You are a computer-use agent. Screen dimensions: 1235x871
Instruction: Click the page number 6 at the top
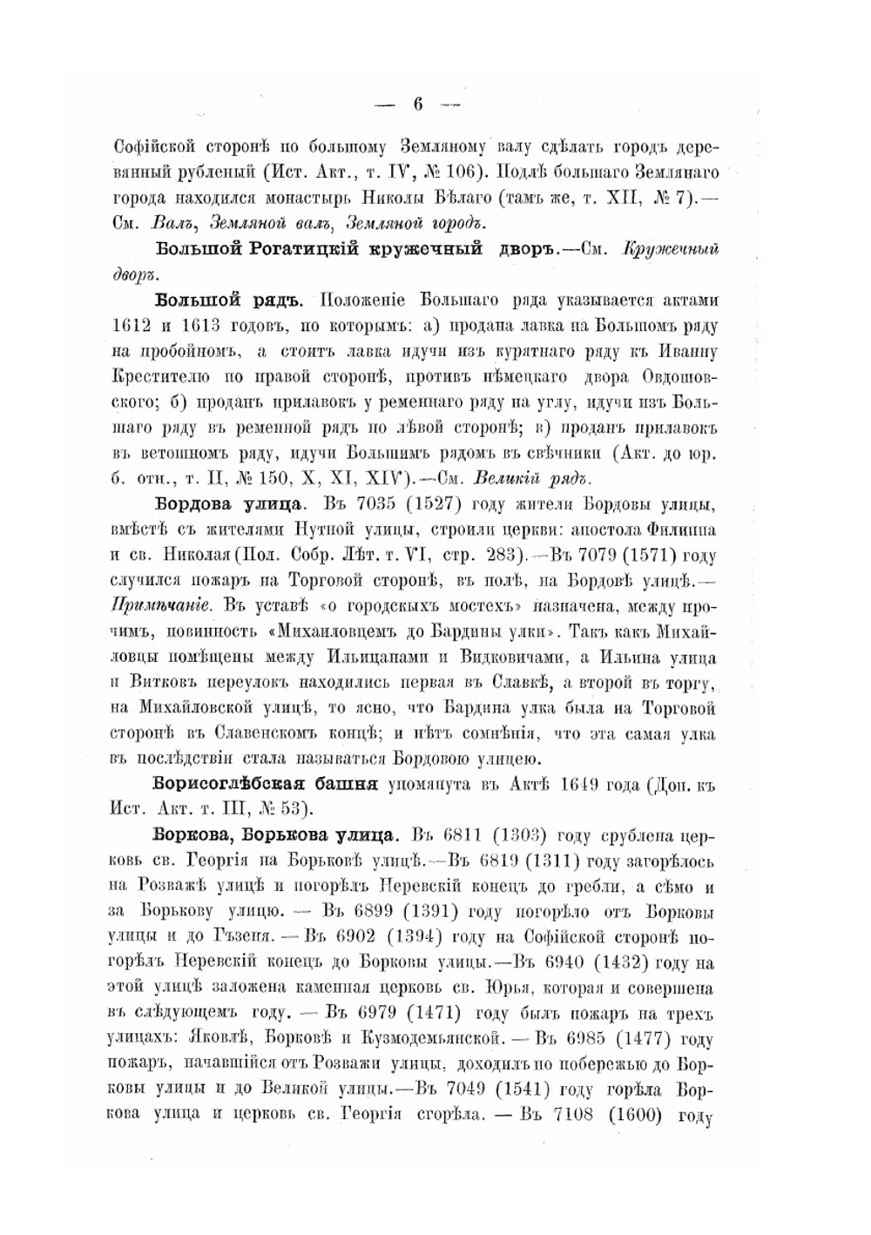(417, 105)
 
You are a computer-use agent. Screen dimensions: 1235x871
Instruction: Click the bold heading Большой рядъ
(228, 301)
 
